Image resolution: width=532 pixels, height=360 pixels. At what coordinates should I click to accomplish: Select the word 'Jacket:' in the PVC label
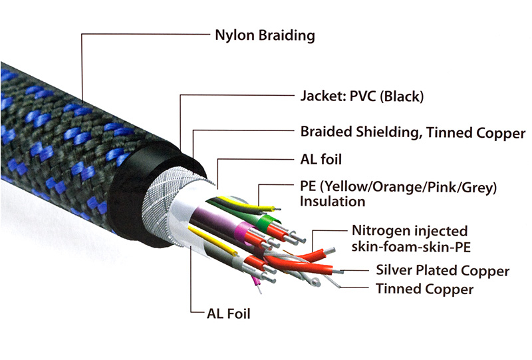pyautogui.click(x=321, y=96)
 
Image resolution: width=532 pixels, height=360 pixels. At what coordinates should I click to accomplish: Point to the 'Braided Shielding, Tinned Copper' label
pyautogui.click(x=412, y=132)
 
